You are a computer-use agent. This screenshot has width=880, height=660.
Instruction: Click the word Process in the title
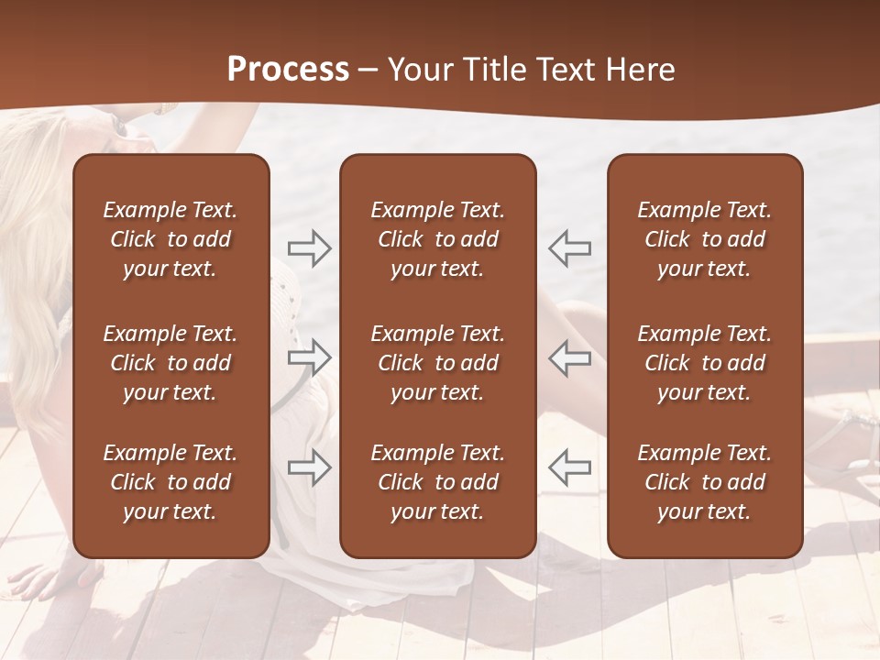click(288, 70)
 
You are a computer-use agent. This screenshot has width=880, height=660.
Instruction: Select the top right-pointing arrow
click(309, 248)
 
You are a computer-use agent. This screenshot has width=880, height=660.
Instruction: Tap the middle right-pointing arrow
click(309, 357)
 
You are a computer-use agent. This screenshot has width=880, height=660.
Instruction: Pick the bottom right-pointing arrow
click(309, 467)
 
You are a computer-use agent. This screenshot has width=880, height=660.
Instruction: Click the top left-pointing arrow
click(569, 248)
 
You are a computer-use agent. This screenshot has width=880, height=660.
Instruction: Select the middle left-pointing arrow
click(569, 357)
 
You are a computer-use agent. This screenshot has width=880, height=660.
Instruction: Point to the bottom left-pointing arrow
click(569, 467)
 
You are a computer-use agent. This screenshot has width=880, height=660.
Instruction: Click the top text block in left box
click(170, 239)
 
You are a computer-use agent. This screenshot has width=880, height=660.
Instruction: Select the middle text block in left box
click(170, 363)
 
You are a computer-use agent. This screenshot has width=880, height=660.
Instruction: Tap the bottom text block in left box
click(170, 482)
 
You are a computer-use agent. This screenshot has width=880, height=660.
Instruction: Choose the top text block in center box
click(437, 239)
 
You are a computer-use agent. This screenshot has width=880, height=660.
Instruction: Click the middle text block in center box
click(437, 363)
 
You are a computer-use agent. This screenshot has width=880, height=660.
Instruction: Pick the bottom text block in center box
click(437, 482)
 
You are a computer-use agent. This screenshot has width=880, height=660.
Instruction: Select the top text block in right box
click(704, 239)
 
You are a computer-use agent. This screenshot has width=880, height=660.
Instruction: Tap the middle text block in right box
click(704, 363)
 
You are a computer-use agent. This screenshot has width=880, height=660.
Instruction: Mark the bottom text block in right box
click(704, 482)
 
